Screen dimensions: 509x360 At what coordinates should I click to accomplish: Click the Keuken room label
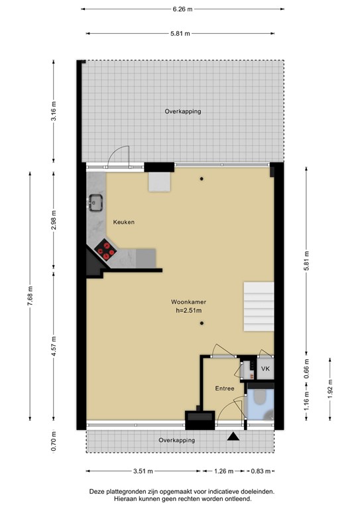point(123,222)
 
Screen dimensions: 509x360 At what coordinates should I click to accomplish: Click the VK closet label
point(265,368)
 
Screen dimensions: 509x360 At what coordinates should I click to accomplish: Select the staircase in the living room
point(258,306)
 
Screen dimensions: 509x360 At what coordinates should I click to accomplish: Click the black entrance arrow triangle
point(233,437)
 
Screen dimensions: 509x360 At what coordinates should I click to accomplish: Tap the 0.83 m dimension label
point(261,472)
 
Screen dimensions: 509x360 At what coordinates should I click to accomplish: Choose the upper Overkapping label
point(182,111)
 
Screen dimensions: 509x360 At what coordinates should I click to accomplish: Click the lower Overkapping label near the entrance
point(176,440)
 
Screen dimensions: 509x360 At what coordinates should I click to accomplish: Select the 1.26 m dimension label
point(223,472)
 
